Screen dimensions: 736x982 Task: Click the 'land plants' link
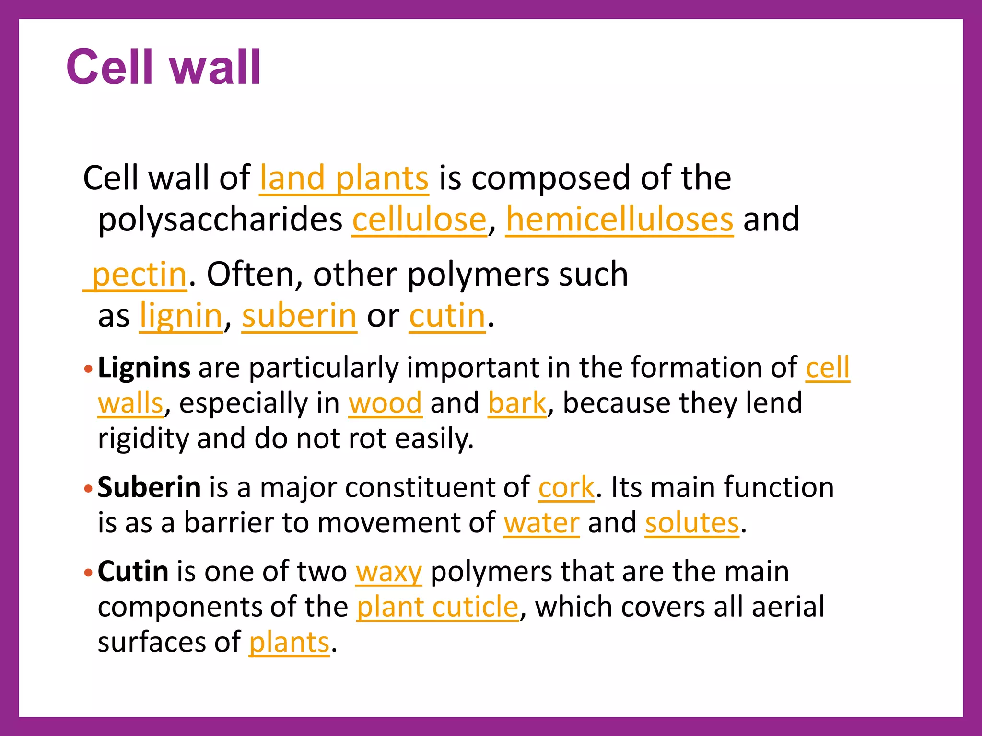click(344, 178)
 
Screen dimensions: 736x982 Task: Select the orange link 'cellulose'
click(420, 220)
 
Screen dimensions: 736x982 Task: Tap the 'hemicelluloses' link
click(620, 220)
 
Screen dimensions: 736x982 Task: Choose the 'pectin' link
click(138, 275)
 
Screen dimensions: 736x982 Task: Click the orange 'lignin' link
click(181, 316)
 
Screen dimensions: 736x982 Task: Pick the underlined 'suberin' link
click(299, 316)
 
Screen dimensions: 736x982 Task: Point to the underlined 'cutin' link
click(447, 316)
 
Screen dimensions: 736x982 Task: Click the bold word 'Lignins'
click(144, 368)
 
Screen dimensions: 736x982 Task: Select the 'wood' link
click(385, 403)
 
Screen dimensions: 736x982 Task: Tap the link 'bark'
click(517, 403)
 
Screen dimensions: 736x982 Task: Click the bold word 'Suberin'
click(149, 487)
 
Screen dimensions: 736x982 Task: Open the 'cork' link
click(566, 487)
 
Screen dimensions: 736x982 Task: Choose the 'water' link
click(541, 523)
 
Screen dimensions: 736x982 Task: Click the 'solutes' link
click(692, 523)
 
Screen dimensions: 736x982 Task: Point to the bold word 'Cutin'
click(133, 572)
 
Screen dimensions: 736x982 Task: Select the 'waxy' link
click(388, 572)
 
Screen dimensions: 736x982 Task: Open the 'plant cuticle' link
click(437, 607)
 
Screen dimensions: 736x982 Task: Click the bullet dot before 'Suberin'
click(87, 489)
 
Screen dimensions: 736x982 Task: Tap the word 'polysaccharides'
click(220, 220)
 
